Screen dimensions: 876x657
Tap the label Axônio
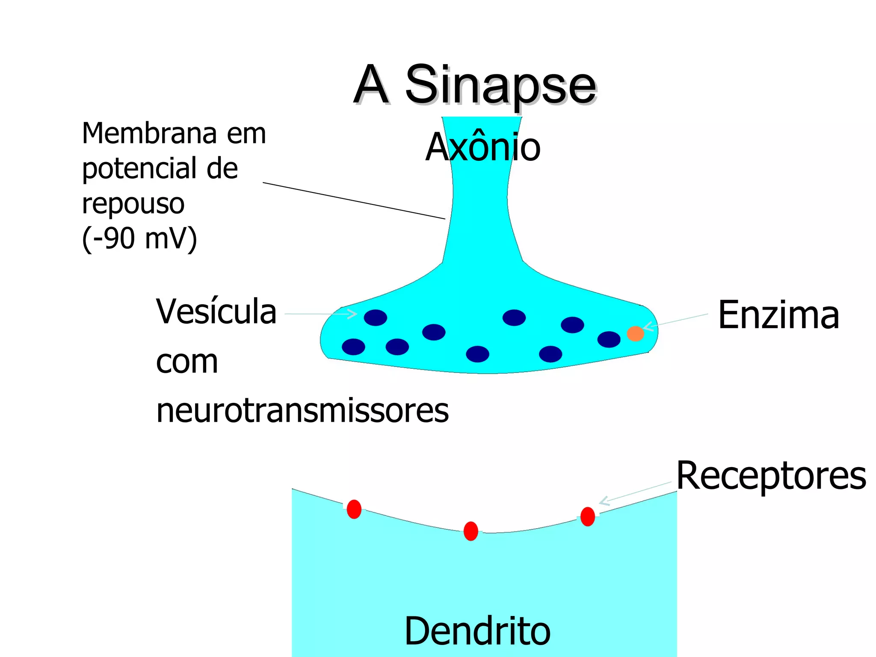(483, 147)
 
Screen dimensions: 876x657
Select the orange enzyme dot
(635, 333)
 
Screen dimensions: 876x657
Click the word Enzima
(778, 315)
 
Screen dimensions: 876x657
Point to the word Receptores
(771, 476)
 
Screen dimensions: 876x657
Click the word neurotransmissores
(302, 411)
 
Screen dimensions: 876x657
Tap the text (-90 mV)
(139, 238)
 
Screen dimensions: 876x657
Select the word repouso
(133, 204)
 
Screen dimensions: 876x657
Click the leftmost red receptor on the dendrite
(354, 509)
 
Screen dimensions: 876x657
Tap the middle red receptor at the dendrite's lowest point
(471, 531)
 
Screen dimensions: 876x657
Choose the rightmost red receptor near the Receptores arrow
(588, 516)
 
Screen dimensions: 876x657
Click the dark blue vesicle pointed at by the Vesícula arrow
(375, 317)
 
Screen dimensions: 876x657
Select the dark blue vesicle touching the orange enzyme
(608, 339)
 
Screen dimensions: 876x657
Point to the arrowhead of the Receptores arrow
(604, 501)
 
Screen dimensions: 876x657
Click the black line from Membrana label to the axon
(354, 201)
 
